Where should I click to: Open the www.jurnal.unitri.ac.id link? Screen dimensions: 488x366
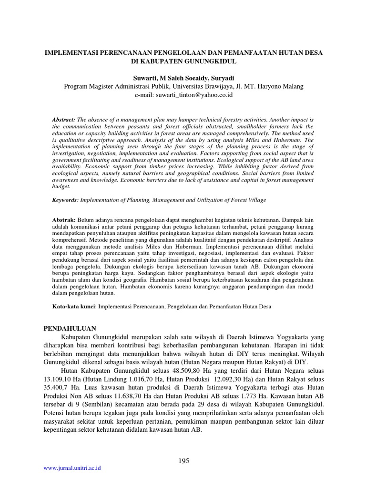[72, 468]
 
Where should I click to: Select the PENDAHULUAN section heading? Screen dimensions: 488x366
[70, 329]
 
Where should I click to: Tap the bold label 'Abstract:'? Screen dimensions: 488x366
[64, 118]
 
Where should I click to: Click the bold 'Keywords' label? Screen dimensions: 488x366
[64, 200]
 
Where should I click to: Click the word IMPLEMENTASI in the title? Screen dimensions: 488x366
[71, 53]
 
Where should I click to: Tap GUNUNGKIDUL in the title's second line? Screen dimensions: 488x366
[211, 61]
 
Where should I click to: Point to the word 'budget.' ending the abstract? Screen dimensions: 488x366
[61, 187]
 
